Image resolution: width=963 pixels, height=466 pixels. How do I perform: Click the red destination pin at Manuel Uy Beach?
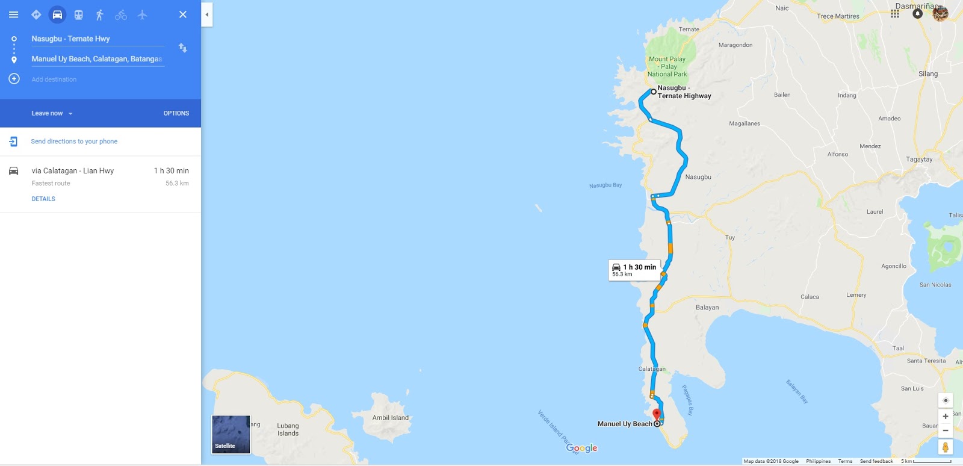tap(657, 414)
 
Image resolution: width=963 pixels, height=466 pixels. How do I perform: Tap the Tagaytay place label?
tap(919, 160)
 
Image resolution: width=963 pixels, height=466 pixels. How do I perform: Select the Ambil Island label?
tap(390, 418)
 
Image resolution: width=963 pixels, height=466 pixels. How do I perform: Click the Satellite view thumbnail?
tap(231, 434)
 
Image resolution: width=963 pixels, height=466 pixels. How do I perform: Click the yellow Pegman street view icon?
tap(946, 447)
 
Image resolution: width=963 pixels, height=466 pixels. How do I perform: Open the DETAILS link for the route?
tap(43, 199)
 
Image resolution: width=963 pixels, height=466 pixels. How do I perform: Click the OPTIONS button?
tap(176, 113)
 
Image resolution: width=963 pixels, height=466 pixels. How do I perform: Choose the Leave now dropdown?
tap(52, 113)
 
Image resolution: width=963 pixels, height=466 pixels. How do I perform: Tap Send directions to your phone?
tap(74, 141)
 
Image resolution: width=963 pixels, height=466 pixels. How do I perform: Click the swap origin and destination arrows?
tap(183, 48)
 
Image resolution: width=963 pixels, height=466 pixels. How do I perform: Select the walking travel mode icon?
tap(100, 14)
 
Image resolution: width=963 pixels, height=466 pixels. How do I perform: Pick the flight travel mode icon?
tap(142, 14)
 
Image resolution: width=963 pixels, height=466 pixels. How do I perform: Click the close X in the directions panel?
tap(183, 14)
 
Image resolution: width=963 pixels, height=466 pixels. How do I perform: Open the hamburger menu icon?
tap(13, 14)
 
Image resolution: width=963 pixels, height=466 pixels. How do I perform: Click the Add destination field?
tap(54, 79)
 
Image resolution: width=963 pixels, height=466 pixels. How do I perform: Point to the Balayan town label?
tap(707, 308)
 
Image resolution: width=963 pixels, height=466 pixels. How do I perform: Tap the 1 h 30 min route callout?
tap(634, 270)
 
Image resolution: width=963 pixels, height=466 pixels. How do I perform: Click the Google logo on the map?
tap(582, 449)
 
